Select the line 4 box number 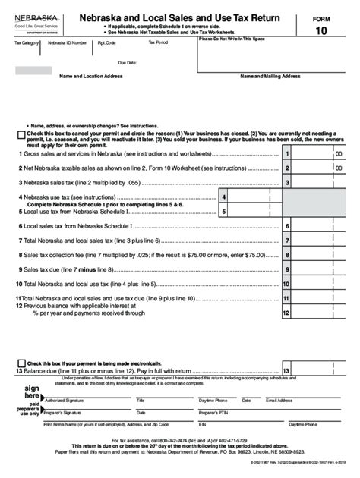click(224, 196)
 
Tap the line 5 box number click(224, 212)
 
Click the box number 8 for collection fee click(287, 255)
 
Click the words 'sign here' click(31, 392)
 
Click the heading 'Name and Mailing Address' click(271, 77)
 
